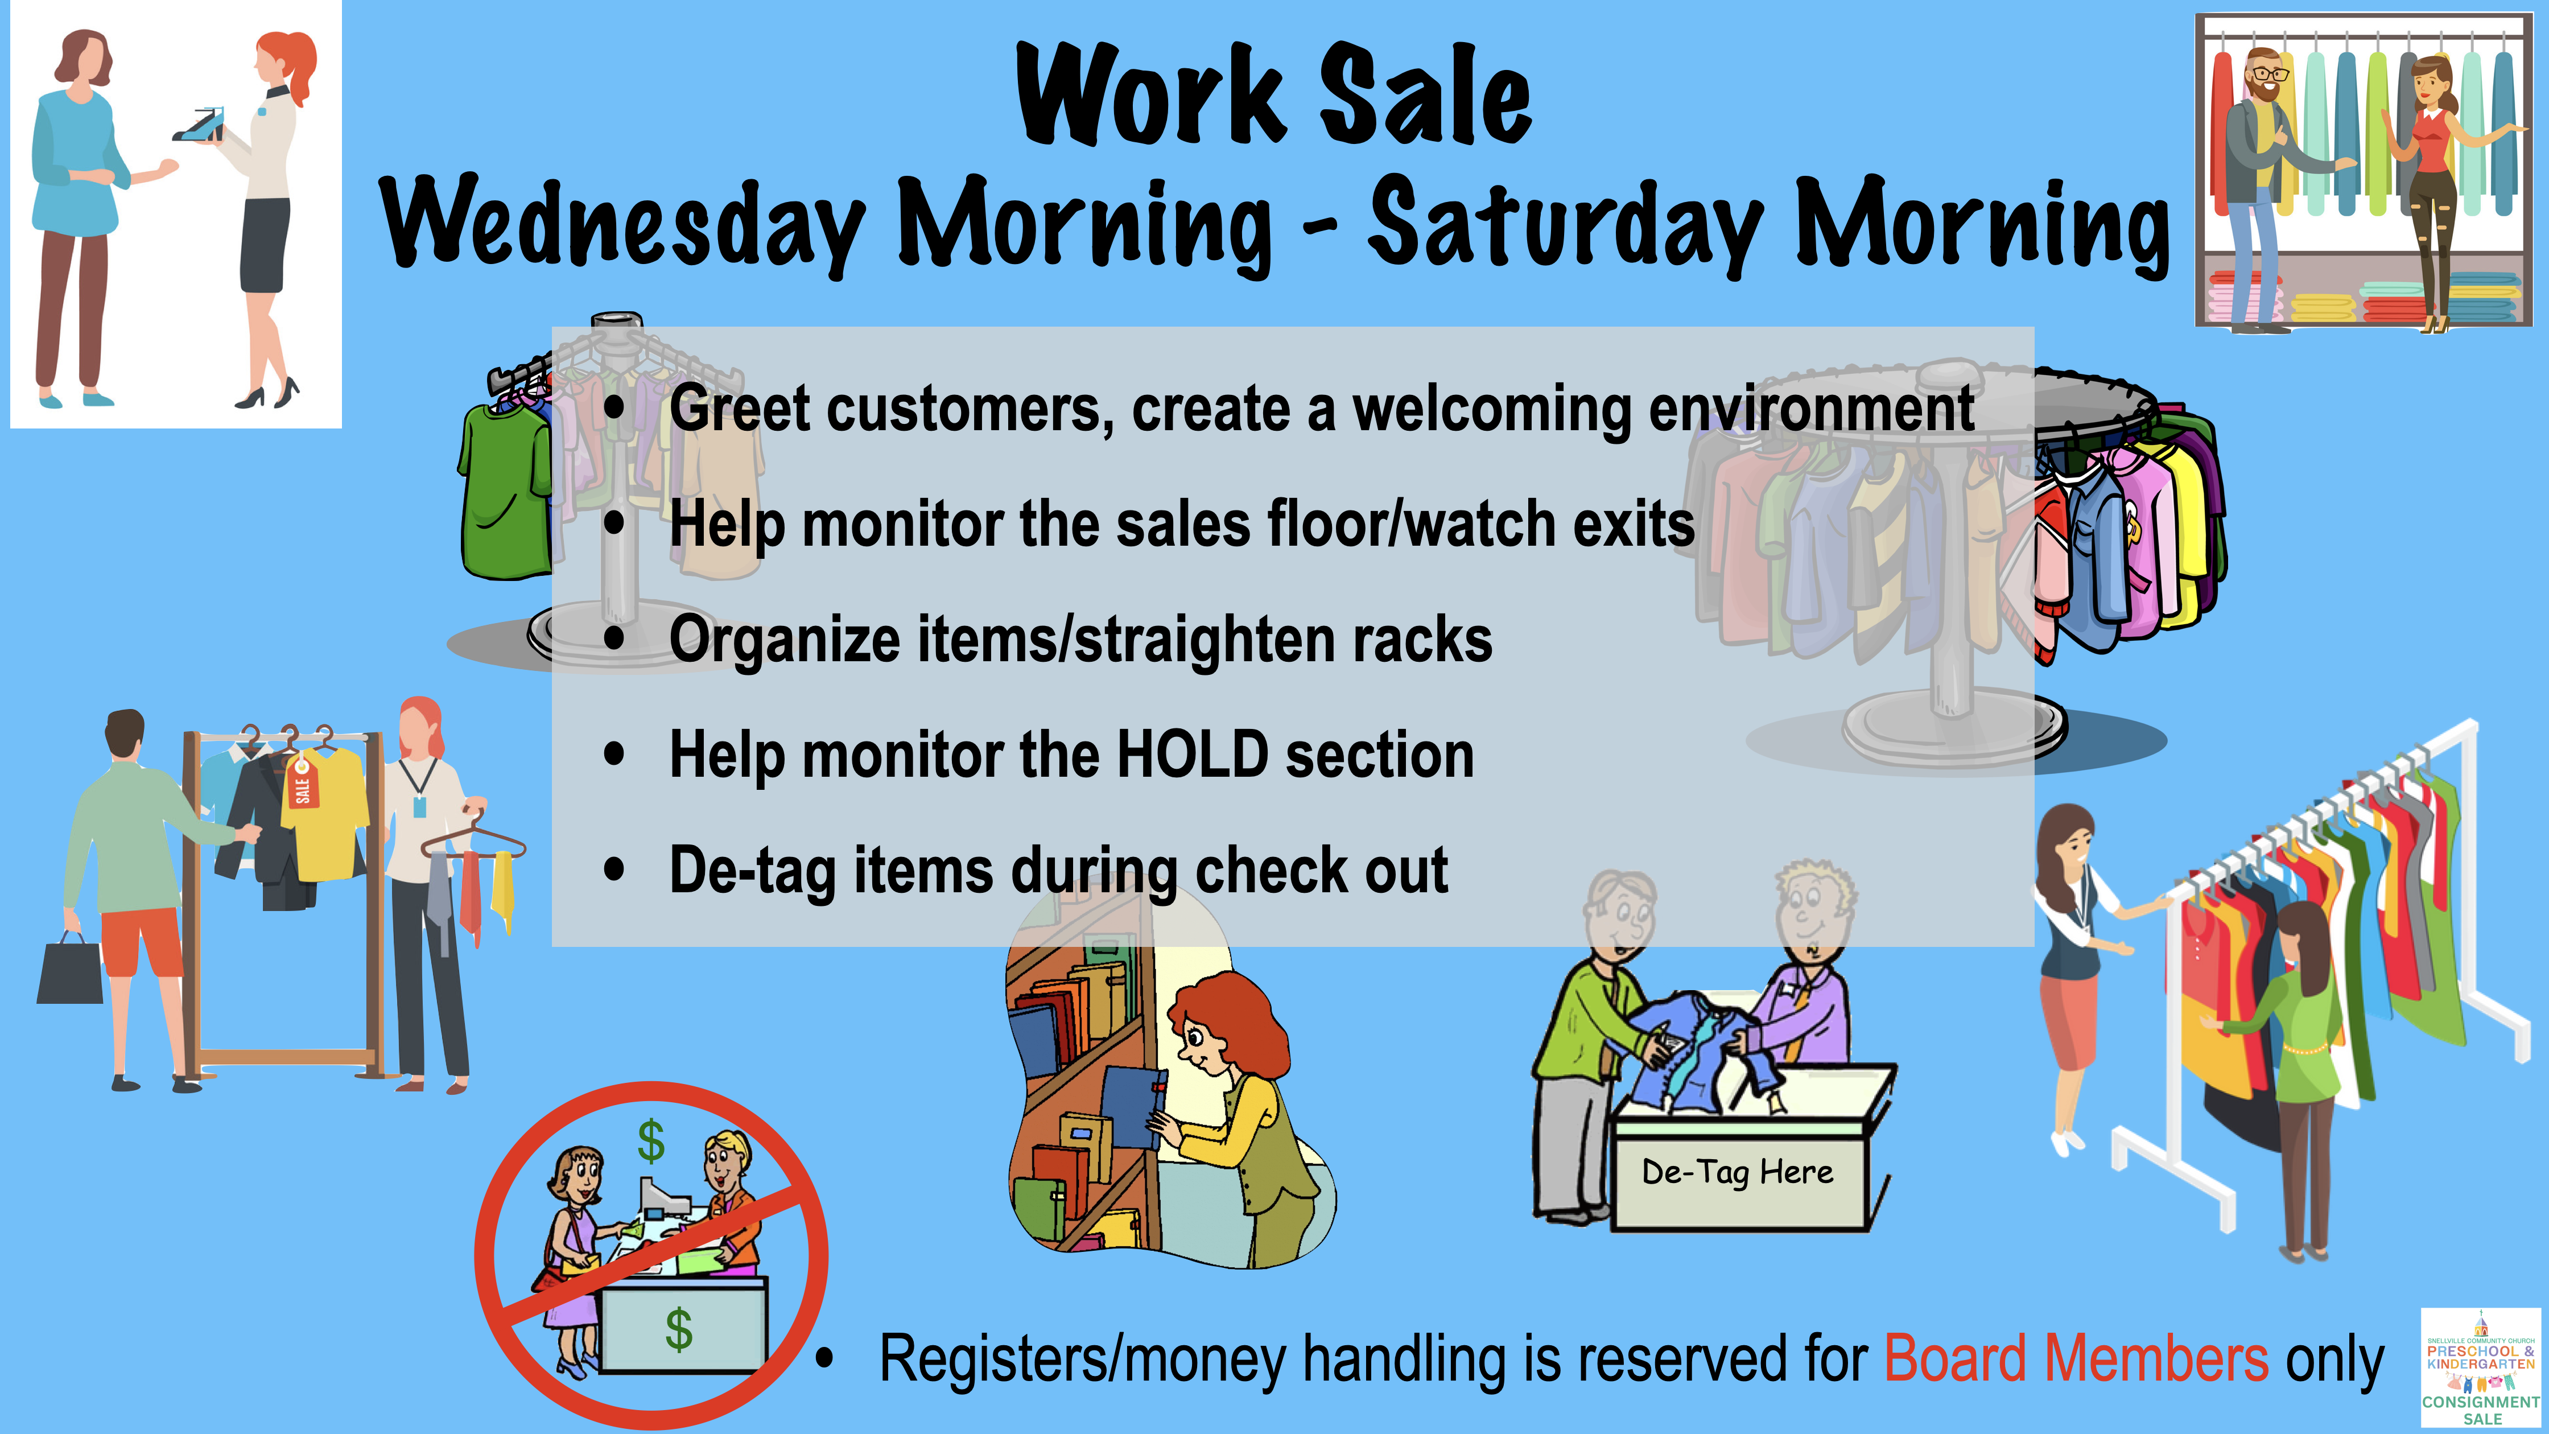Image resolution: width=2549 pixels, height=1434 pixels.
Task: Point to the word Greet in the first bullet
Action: click(x=739, y=408)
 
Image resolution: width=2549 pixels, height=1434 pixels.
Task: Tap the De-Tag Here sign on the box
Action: click(x=1738, y=1173)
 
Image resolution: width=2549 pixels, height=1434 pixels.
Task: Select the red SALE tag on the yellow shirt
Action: click(x=302, y=782)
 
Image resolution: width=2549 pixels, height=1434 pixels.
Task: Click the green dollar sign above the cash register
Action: click(x=651, y=1141)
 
